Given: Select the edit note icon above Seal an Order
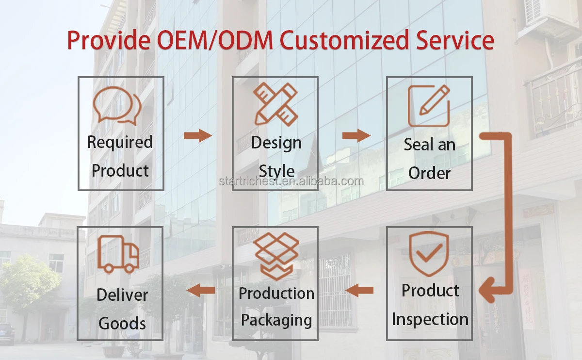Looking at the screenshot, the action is tap(429, 106).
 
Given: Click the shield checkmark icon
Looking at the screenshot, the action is tap(429, 254).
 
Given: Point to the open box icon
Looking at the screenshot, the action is tap(276, 255).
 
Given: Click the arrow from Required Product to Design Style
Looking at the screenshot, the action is tap(198, 135).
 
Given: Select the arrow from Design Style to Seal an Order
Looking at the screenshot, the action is tap(356, 135).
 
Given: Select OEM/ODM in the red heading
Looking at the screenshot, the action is tap(209, 40).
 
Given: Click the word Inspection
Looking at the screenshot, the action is tap(430, 319).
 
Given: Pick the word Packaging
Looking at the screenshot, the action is tap(276, 320).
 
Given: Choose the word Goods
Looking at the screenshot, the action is tap(122, 323).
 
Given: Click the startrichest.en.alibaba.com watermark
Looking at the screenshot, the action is tap(291, 181).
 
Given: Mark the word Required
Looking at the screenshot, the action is tap(120, 142).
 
